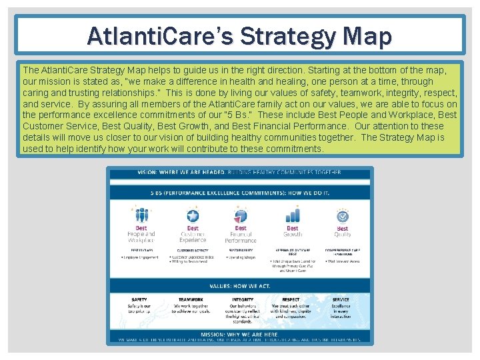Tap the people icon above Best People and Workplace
click(x=141, y=214)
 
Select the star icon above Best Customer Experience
click(x=193, y=215)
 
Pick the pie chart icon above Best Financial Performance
click(x=241, y=215)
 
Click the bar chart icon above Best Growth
click(x=292, y=215)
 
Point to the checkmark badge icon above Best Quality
click(x=342, y=215)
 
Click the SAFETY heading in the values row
click(x=139, y=300)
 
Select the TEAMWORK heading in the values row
click(x=191, y=300)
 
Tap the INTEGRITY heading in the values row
click(x=242, y=300)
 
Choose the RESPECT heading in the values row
click(x=291, y=300)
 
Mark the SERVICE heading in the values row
click(x=340, y=300)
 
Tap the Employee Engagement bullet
click(x=141, y=256)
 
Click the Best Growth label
click(x=292, y=231)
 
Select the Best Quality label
click(x=342, y=231)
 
